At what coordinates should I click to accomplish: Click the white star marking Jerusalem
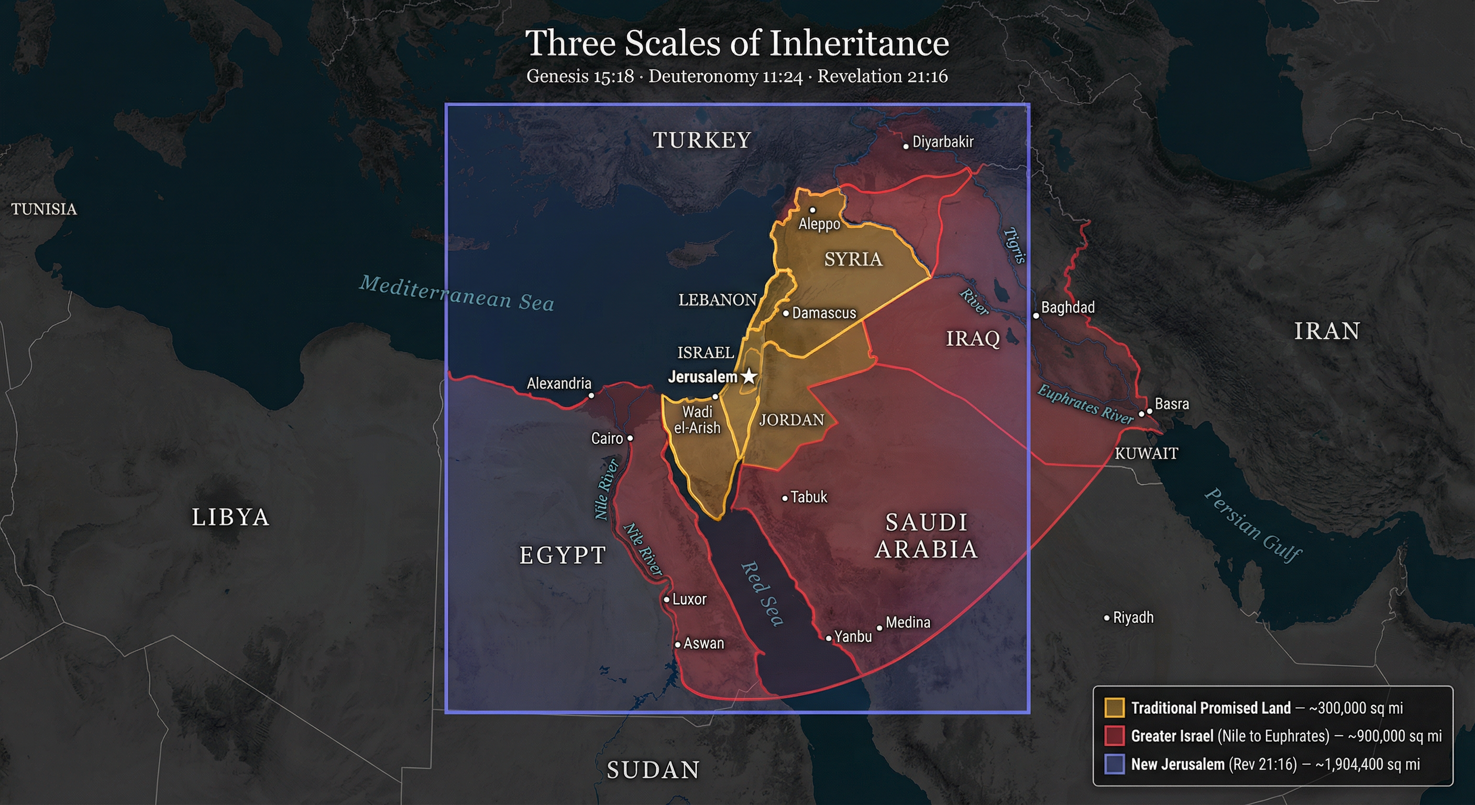pos(749,377)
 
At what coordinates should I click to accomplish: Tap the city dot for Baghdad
pos(1036,316)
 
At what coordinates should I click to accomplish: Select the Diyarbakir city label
pos(942,142)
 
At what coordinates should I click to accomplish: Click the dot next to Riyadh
pos(1107,618)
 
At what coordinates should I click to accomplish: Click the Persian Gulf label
pos(1253,525)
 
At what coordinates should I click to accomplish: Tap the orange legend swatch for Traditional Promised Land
pos(1114,708)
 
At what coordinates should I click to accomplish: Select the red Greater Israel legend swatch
pos(1114,736)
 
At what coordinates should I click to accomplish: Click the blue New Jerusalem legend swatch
pos(1114,764)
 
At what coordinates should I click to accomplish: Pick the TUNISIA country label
pos(44,209)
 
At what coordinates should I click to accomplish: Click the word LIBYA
pos(230,517)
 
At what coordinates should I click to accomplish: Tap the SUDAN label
pos(653,770)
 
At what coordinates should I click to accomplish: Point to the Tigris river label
pos(1014,246)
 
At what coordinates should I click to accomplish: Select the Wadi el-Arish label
pos(697,420)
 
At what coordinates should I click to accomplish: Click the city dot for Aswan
pos(677,645)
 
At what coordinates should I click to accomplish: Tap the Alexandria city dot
pos(591,395)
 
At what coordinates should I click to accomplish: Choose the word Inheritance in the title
pos(858,43)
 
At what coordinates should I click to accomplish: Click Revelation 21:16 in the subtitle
pos(883,76)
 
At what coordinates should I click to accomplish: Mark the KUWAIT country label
pos(1147,453)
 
